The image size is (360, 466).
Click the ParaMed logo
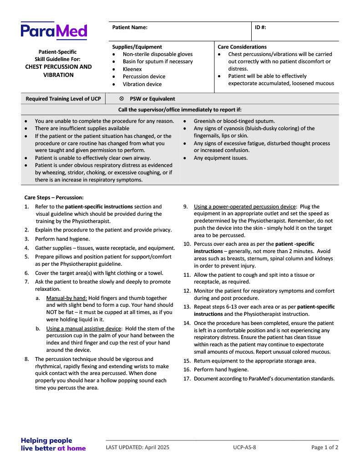tap(54, 31)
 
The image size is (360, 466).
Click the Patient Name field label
tap(130, 27)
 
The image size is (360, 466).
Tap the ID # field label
tap(260, 27)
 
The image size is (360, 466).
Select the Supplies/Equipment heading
tap(137, 47)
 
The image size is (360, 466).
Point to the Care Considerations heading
tap(242, 47)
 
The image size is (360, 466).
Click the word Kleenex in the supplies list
tap(132, 69)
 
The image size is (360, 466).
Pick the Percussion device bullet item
tap(144, 76)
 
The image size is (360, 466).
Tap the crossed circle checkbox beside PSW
tap(122, 99)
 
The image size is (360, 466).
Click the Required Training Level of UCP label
tap(63, 99)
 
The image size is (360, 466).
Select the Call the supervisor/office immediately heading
tap(180, 110)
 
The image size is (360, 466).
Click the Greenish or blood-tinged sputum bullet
tap(234, 121)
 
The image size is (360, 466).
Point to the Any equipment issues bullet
tap(221, 158)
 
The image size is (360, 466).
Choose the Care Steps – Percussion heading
tap(54, 198)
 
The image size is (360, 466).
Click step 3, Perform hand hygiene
tap(62, 239)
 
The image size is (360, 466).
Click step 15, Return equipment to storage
tap(255, 361)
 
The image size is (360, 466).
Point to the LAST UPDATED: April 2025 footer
tap(137, 447)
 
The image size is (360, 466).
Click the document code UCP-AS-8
tap(244, 447)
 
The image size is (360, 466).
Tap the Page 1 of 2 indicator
tap(325, 447)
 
